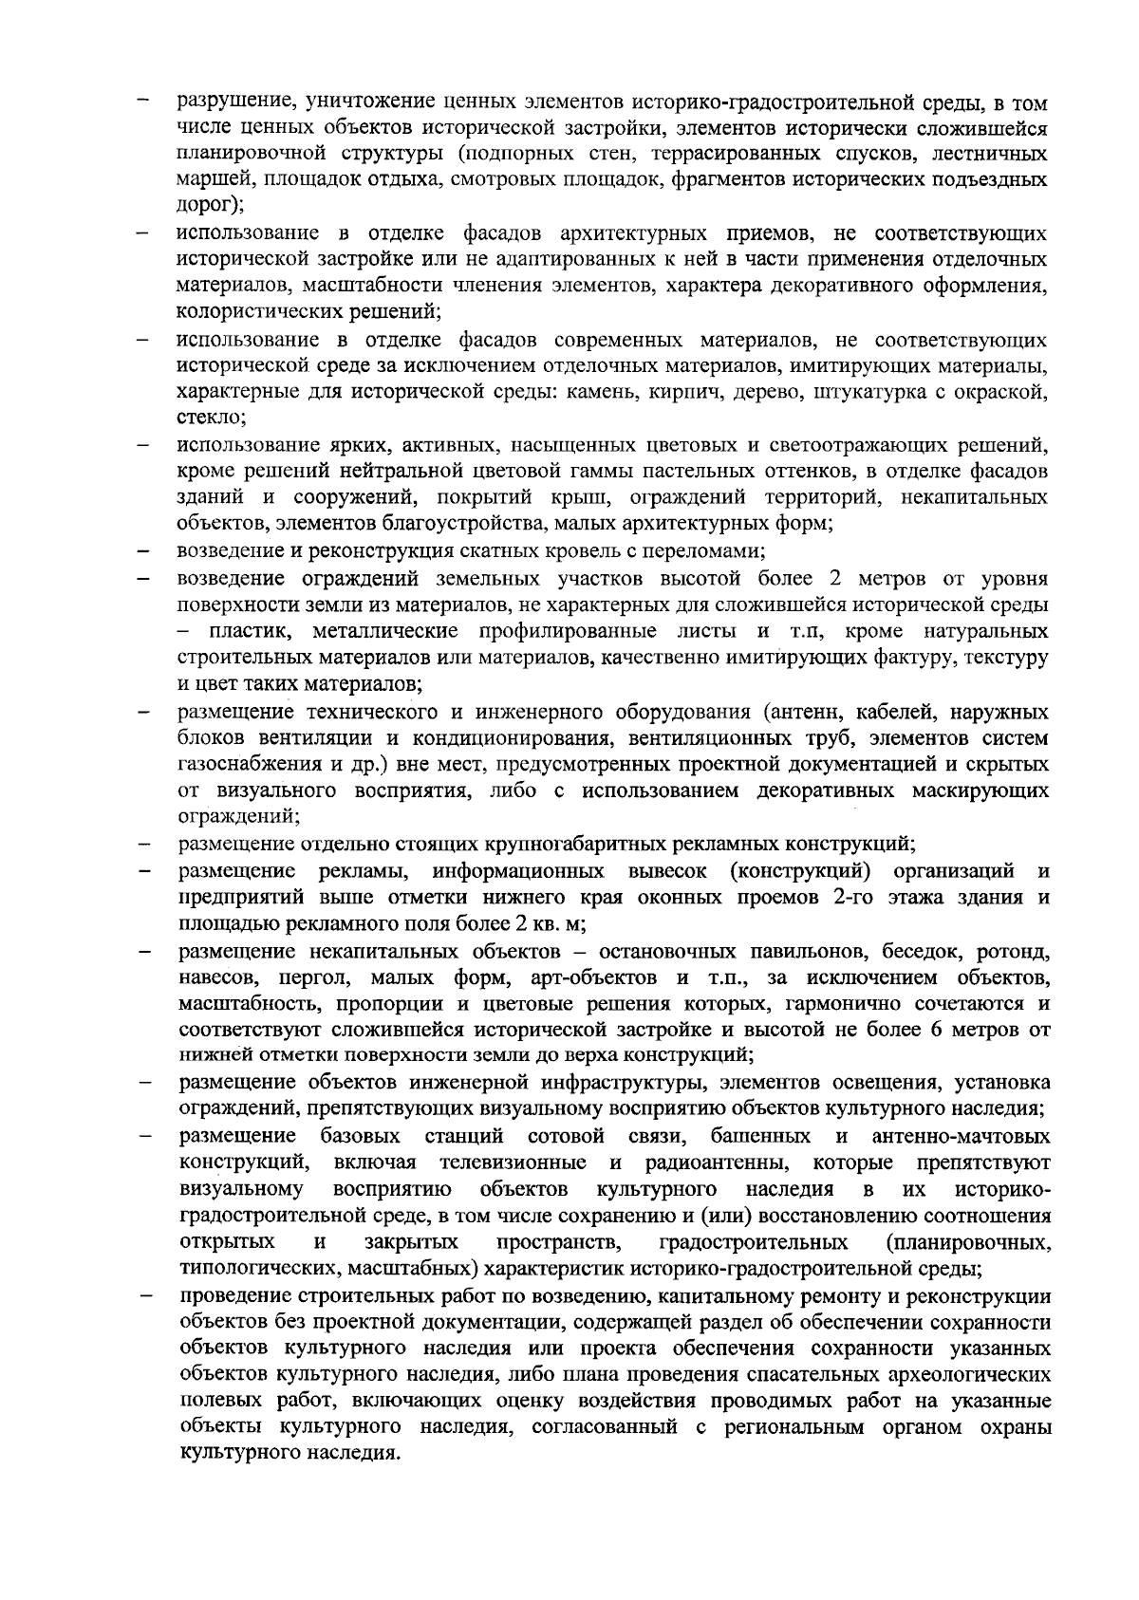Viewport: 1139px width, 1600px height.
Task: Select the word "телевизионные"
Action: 510,1163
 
